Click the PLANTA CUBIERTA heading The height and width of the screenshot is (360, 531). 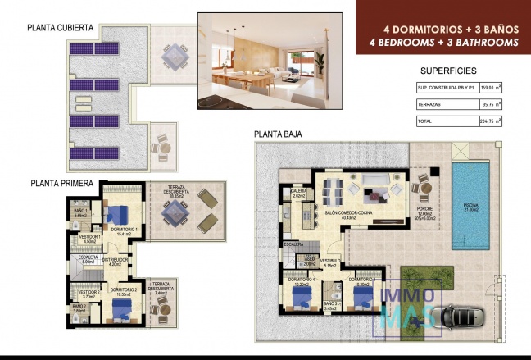point(60,27)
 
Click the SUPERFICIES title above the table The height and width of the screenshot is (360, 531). point(447,71)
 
